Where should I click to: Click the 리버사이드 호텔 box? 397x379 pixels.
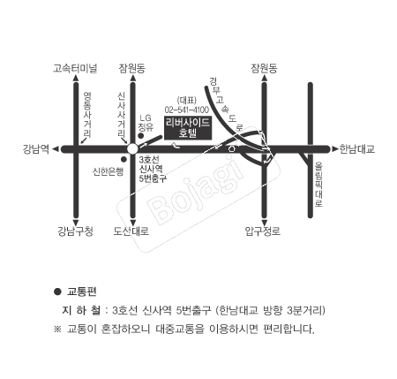(188, 127)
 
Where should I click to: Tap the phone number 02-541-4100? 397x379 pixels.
(187, 110)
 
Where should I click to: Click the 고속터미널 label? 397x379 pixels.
(75, 68)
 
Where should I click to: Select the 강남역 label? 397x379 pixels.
(35, 149)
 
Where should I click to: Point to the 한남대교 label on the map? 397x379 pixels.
(357, 149)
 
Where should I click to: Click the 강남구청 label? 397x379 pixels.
(75, 231)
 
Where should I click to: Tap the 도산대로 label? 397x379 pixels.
(131, 231)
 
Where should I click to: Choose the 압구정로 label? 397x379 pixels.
(263, 231)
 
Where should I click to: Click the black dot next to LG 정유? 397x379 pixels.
(141, 136)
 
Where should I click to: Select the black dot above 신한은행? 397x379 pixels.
(124, 159)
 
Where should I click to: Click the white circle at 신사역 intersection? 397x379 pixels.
(132, 149)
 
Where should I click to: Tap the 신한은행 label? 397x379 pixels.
(108, 171)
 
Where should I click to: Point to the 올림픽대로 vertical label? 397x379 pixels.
(318, 184)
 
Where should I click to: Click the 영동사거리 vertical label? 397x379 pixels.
(87, 115)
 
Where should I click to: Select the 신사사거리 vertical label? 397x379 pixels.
(122, 115)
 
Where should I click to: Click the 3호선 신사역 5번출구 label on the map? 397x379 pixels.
(153, 169)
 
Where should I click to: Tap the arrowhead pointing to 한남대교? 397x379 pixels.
(335, 149)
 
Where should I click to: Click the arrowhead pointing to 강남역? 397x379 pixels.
(56, 149)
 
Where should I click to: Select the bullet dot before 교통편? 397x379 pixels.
(57, 292)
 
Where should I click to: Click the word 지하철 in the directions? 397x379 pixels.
(81, 310)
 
